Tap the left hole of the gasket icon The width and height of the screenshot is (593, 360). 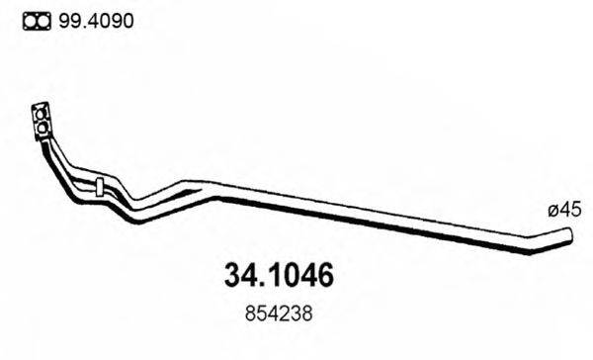30,20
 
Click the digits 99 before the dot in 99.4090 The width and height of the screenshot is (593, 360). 68,20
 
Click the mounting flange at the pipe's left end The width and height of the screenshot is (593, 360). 42,119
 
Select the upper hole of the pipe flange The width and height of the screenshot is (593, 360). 42,111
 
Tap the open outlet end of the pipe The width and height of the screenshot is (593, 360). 568,234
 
